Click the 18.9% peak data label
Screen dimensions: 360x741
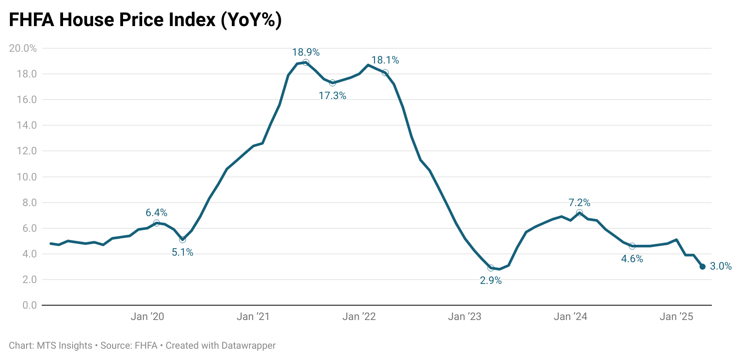[x=306, y=53]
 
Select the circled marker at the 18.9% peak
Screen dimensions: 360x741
[x=306, y=63]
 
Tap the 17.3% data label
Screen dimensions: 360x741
[x=332, y=96]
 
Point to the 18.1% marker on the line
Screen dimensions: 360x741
[x=385, y=73]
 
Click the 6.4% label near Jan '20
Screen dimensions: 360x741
[x=156, y=213]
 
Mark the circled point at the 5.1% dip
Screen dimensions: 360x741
[x=183, y=240]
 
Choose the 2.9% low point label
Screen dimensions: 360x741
[x=491, y=281]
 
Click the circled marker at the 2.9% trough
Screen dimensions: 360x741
[x=491, y=268]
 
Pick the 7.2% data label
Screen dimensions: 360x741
[x=579, y=203]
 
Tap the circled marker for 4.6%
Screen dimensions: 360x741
[x=632, y=246]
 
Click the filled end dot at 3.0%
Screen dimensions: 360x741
[x=702, y=267]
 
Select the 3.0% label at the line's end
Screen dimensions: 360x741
[x=721, y=267]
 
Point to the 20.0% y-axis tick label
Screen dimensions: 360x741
[x=23, y=48]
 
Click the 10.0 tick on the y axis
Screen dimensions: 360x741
[x=27, y=177]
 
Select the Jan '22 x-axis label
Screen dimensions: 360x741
[x=359, y=317]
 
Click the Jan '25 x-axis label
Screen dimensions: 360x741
[x=676, y=317]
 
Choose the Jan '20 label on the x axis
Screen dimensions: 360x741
[x=147, y=317]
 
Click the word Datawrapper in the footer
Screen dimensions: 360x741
[x=248, y=346]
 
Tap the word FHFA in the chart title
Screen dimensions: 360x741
[x=31, y=20]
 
